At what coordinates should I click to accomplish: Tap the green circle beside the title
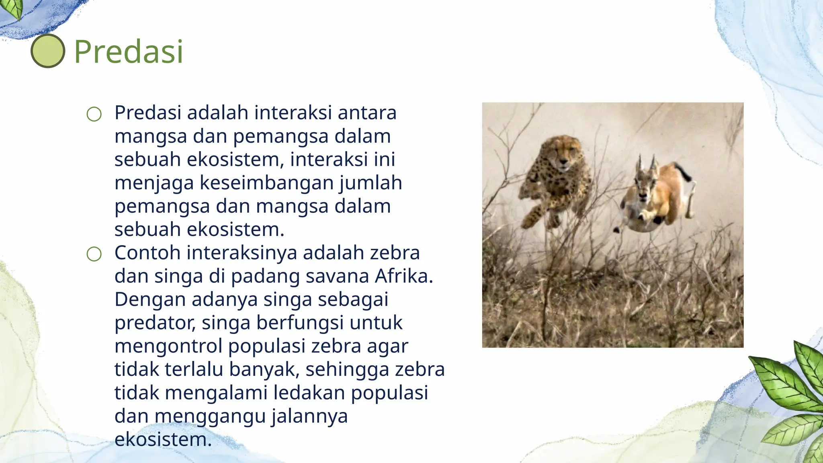click(48, 51)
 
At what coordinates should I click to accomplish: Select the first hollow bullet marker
click(94, 114)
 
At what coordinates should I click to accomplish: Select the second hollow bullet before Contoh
click(94, 254)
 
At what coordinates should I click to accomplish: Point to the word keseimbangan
click(267, 183)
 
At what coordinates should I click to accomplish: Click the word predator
click(155, 323)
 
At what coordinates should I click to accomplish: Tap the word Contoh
click(147, 253)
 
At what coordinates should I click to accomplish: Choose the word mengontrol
click(168, 346)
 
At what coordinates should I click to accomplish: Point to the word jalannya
click(309, 416)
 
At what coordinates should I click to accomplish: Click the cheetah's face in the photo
click(564, 155)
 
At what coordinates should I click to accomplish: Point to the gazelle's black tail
click(684, 171)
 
